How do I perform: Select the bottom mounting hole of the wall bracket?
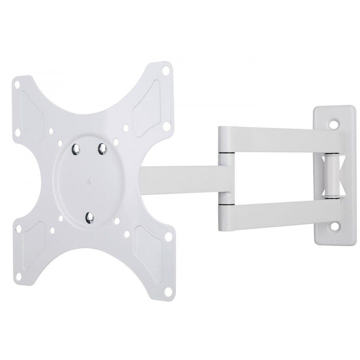(336, 227)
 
